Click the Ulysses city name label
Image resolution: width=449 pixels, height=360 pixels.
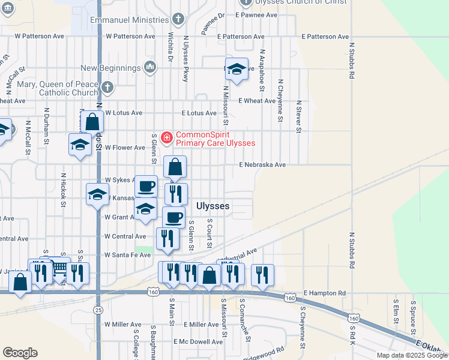pos(212,206)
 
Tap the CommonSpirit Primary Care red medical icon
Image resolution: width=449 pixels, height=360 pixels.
pos(166,138)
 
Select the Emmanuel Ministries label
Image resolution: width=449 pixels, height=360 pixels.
pos(129,20)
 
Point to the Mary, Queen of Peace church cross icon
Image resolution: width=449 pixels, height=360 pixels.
pos(107,88)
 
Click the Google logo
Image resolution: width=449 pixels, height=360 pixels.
pos(20,353)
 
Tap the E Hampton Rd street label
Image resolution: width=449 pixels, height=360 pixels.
pos(325,293)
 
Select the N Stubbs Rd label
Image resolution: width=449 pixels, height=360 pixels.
pos(349,60)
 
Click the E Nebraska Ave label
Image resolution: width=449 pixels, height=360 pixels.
pos(262,164)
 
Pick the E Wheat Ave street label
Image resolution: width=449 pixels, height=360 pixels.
pos(257,101)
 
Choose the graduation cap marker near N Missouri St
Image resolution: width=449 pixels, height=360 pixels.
pos(237,70)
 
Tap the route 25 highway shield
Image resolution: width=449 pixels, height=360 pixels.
pos(98,310)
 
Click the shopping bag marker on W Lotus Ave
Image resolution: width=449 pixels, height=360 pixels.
pos(92,121)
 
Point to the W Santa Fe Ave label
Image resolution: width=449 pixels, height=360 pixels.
pos(128,255)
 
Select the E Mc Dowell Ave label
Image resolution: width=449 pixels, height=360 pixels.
pos(197,341)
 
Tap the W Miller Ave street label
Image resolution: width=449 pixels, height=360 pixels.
pos(122,324)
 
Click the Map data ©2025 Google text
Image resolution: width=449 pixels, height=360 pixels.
pos(412,355)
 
